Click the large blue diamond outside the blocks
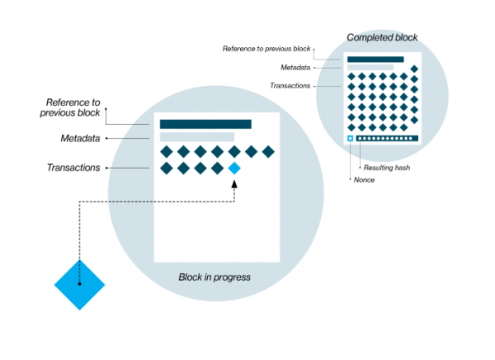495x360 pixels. [80, 284]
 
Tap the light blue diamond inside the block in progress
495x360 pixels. [234, 168]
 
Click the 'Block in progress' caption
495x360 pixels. [214, 277]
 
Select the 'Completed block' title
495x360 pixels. [380, 37]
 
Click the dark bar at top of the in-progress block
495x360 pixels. [205, 124]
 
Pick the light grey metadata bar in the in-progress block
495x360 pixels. [197, 137]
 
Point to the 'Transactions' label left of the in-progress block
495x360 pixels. [73, 168]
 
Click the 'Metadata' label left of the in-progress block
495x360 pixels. [81, 137]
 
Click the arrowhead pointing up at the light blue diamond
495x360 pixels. [234, 182]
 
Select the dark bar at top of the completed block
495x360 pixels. [375, 59]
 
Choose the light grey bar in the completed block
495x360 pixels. [370, 67]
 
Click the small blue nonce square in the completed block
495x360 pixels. [351, 139]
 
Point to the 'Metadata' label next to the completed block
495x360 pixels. [295, 67]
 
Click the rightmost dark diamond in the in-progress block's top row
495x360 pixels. [268, 151]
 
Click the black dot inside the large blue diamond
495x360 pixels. [80, 284]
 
